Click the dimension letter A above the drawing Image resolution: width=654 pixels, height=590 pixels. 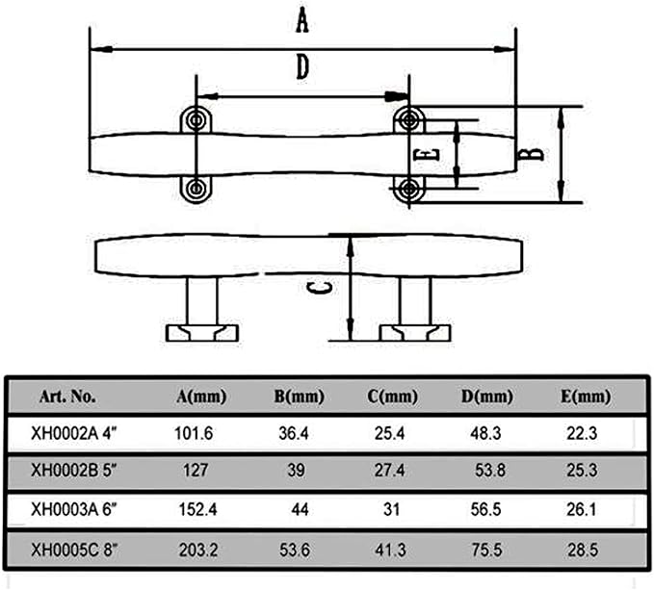[302, 21]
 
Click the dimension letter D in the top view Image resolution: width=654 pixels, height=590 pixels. [302, 67]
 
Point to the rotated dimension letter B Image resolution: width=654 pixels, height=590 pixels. [531, 155]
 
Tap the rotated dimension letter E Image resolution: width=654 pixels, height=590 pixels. [427, 155]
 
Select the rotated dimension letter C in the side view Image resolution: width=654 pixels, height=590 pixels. [320, 288]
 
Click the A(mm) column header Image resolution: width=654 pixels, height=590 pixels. [201, 396]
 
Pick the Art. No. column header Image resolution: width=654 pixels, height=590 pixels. [67, 396]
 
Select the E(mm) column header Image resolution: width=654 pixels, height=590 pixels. [586, 396]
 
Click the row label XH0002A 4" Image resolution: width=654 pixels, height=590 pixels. [74, 433]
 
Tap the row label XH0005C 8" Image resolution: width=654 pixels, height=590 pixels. [74, 550]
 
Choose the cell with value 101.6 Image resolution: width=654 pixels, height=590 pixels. [194, 433]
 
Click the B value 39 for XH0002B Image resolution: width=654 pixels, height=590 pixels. [296, 471]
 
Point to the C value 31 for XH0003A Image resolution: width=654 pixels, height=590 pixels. [391, 509]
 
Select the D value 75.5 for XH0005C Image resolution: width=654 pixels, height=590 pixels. [486, 550]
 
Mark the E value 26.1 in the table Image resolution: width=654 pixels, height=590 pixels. [582, 509]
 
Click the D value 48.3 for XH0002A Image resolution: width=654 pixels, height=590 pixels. [485, 433]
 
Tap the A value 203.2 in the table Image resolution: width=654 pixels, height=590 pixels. [198, 550]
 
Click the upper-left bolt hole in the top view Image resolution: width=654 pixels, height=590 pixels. [196, 120]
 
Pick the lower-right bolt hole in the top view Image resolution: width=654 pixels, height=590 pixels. [409, 189]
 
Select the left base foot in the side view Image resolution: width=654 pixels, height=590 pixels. [202, 333]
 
